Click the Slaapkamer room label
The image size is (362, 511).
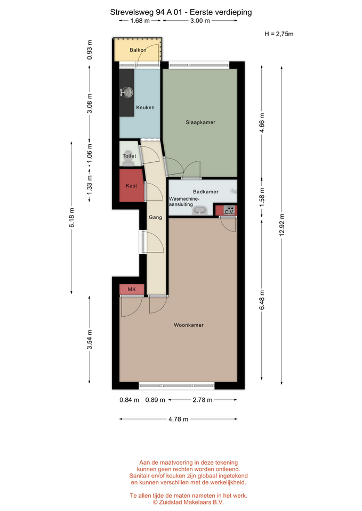200,122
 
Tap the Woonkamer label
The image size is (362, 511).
189,325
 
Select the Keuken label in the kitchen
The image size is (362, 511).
145,107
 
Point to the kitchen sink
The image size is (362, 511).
127,93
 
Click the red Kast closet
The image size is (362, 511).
132,185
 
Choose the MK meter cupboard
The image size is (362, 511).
132,290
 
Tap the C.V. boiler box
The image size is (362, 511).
229,211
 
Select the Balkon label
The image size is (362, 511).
138,50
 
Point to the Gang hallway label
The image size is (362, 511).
155,217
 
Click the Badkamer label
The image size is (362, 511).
206,192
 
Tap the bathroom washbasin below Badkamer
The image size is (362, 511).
199,211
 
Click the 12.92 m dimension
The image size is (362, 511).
282,225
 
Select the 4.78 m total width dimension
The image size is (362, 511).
178,419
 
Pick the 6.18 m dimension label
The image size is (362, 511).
71,218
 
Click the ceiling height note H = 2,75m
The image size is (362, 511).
279,34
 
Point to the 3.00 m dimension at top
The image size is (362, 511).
200,21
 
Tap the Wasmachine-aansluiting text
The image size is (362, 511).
184,201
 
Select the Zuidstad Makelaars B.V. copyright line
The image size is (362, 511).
188,502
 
